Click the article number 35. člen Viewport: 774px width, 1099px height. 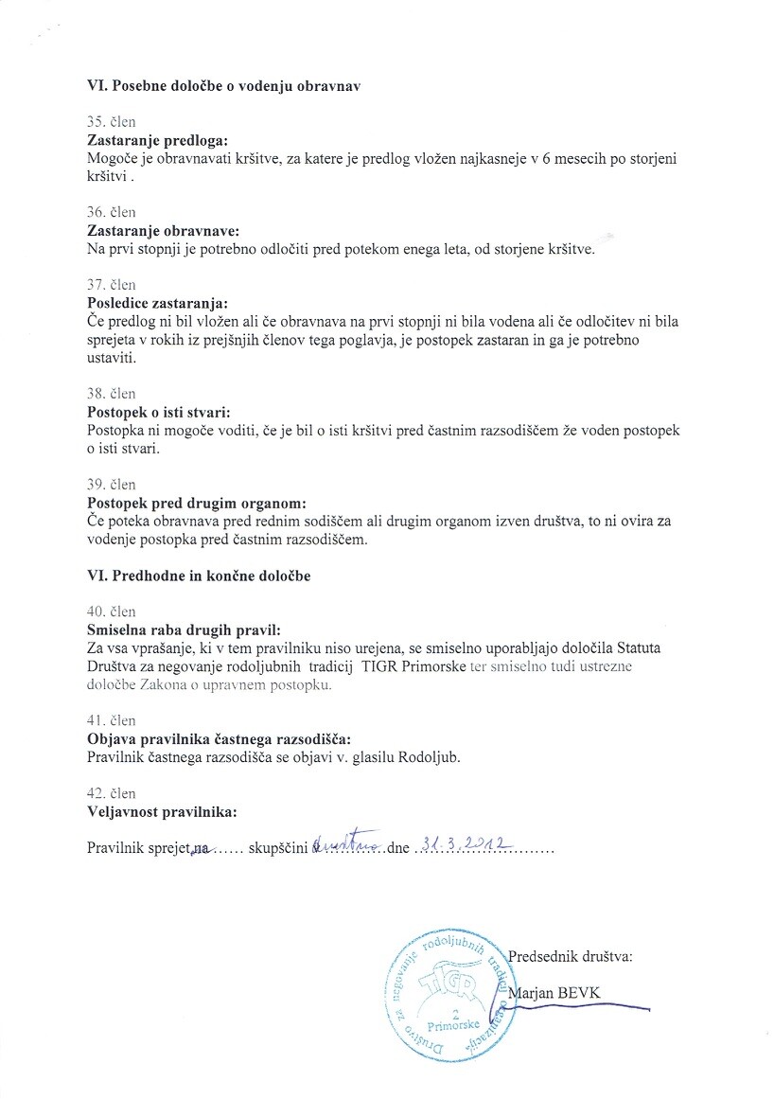111,122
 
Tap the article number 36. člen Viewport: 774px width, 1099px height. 111,212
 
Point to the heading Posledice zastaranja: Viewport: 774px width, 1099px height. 157,304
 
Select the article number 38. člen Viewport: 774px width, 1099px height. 111,394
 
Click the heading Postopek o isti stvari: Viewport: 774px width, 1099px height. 158,413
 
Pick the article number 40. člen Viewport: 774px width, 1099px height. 111,612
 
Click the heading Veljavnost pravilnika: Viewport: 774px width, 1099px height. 161,811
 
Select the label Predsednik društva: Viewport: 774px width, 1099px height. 570,956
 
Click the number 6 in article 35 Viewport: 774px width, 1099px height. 548,159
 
